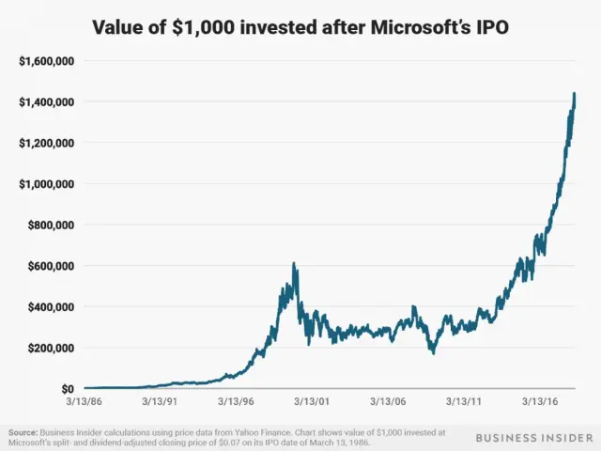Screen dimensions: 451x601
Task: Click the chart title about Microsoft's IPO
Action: click(300, 27)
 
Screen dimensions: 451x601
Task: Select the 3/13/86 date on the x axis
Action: click(85, 401)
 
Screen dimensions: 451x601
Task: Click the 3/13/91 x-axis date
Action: click(160, 401)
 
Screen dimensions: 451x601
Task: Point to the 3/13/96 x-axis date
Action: click(236, 401)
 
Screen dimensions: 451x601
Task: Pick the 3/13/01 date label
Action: click(312, 401)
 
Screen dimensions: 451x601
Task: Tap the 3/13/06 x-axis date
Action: click(388, 401)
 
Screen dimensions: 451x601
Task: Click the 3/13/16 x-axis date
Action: click(540, 401)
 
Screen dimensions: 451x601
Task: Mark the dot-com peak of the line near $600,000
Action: click(295, 264)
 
